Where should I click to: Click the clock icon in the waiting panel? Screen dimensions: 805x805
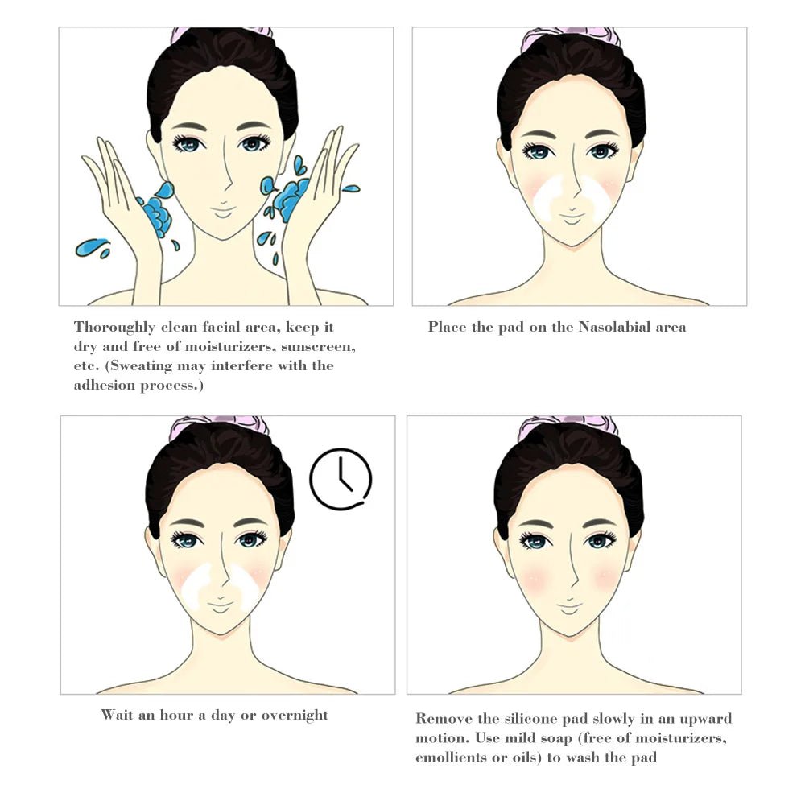(341, 479)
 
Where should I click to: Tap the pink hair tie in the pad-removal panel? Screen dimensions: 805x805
(568, 423)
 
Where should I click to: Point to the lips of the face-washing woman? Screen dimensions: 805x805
(223, 212)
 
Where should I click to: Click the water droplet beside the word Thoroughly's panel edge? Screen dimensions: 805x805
(90, 246)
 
